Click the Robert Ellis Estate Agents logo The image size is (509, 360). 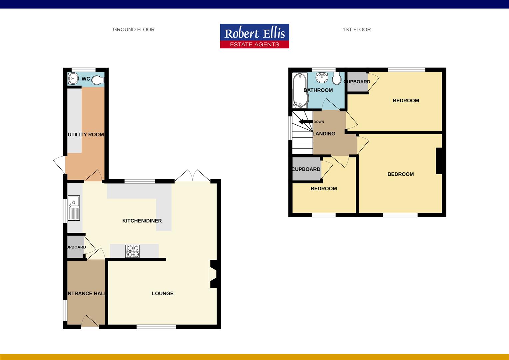(254, 36)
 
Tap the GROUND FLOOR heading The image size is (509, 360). (134, 30)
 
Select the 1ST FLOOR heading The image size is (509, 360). (356, 30)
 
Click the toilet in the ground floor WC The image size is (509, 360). (98, 80)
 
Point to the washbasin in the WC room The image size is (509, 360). (73, 79)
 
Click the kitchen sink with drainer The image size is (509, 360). (74, 208)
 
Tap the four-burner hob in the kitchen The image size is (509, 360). (133, 251)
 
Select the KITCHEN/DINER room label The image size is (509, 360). (142, 221)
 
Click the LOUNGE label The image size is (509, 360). (163, 294)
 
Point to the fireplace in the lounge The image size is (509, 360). (213, 274)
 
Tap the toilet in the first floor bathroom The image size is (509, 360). (336, 79)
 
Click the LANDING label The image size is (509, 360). (324, 134)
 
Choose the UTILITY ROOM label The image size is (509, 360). (86, 135)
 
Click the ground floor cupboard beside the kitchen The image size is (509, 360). (76, 247)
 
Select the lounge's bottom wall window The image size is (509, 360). (156, 327)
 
